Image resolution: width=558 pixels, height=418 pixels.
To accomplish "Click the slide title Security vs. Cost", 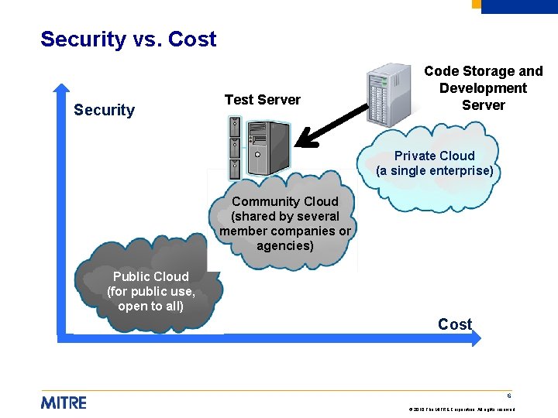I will pyautogui.click(x=129, y=39).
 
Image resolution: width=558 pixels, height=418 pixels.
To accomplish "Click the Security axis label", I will pyautogui.click(x=104, y=110).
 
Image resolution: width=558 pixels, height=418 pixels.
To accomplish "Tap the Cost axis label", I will pyautogui.click(x=454, y=324).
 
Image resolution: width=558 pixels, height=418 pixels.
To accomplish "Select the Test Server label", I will pyautogui.click(x=262, y=99).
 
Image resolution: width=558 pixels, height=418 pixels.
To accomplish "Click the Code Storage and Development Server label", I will pyautogui.click(x=483, y=88).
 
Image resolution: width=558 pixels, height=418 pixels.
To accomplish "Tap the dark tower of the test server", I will pyautogui.click(x=267, y=148).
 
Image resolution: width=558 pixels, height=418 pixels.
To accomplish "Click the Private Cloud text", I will pyautogui.click(x=434, y=156).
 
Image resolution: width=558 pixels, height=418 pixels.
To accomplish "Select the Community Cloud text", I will pyautogui.click(x=284, y=201).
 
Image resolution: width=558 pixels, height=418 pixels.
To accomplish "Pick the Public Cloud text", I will pyautogui.click(x=150, y=276).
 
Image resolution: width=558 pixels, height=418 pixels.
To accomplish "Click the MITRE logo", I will pyautogui.click(x=64, y=403).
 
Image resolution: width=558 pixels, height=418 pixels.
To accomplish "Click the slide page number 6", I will pyautogui.click(x=510, y=395).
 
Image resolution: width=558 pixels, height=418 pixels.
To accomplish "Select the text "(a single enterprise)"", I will pyautogui.click(x=434, y=170).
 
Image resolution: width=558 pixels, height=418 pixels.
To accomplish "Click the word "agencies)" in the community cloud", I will pyautogui.click(x=284, y=246).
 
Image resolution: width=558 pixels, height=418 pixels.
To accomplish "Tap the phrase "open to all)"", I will pyautogui.click(x=150, y=306).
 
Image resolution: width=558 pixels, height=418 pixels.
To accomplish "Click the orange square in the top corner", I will pyautogui.click(x=476, y=4).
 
